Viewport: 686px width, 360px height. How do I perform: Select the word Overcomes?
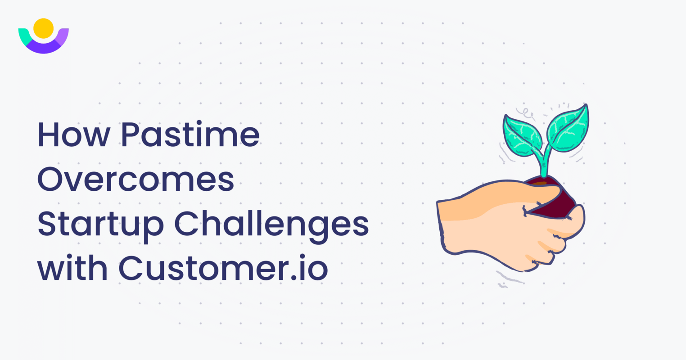(135, 180)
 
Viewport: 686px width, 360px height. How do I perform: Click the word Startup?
(100, 225)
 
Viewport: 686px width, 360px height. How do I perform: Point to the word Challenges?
(271, 225)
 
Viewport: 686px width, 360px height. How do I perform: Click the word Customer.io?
(223, 269)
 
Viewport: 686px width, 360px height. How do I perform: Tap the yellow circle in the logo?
(44, 28)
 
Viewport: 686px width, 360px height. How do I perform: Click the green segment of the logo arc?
(23, 36)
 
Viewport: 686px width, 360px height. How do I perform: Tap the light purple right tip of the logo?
(63, 35)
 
